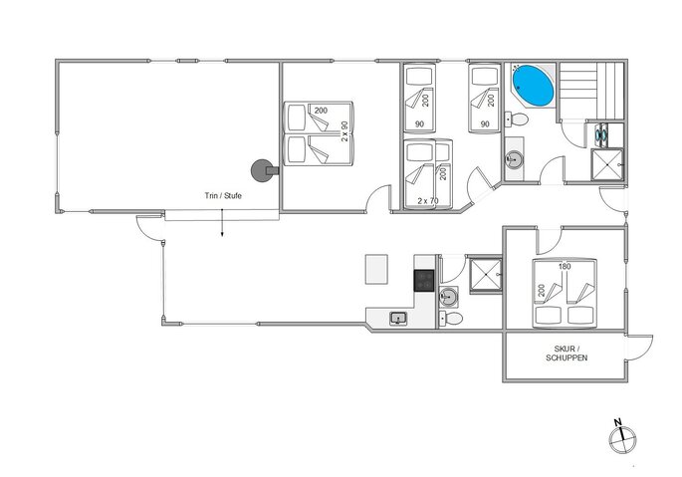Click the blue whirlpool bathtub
pos(533,86)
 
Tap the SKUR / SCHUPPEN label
pos(567,354)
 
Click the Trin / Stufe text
pos(223,196)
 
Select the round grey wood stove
pos(262,170)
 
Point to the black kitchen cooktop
pos(424,280)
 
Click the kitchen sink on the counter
pos(398,318)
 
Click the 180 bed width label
pos(565,266)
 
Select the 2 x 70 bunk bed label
pos(428,201)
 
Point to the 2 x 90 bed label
pos(344,131)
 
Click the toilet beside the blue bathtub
pos(517,119)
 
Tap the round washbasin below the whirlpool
pos(514,159)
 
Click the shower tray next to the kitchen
pos(486,275)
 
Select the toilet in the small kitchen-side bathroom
pos(451,319)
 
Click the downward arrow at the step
pos(222,223)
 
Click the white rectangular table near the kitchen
pos(376,270)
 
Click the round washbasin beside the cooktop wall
pos(448,298)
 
